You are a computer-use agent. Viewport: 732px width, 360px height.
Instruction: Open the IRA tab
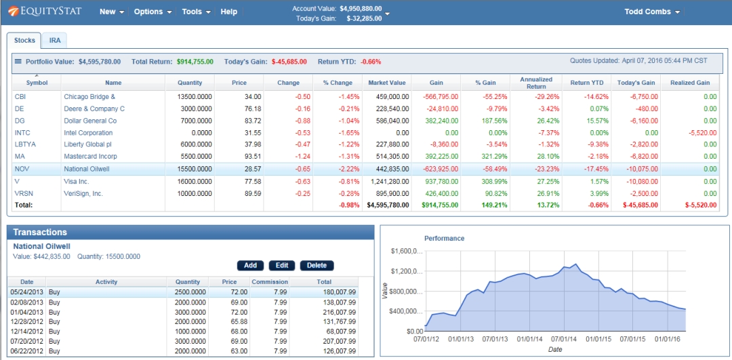(55, 41)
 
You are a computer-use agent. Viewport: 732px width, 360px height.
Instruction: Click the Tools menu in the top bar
(196, 12)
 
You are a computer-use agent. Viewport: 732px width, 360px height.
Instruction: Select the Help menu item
(229, 12)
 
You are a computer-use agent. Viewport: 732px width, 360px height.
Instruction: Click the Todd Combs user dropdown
(652, 12)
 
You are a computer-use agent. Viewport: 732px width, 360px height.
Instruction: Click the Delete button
(317, 265)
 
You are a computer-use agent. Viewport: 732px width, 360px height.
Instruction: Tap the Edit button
(281, 265)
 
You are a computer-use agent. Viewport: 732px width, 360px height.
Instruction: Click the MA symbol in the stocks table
(20, 157)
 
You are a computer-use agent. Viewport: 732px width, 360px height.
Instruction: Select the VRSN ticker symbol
(23, 193)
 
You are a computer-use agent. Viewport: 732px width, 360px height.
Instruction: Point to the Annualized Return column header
(536, 83)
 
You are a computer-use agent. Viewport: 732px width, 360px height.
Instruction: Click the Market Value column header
(387, 83)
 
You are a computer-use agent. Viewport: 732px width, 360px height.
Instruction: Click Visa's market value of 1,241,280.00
(389, 181)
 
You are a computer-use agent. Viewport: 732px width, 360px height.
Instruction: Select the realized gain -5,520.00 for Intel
(703, 133)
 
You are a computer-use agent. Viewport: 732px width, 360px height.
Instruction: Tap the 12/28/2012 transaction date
(26, 321)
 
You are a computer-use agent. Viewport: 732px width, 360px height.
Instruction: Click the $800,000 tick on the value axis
(406, 292)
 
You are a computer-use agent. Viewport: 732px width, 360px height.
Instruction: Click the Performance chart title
(445, 238)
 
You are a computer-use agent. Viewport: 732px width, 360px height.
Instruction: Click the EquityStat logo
(45, 11)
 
